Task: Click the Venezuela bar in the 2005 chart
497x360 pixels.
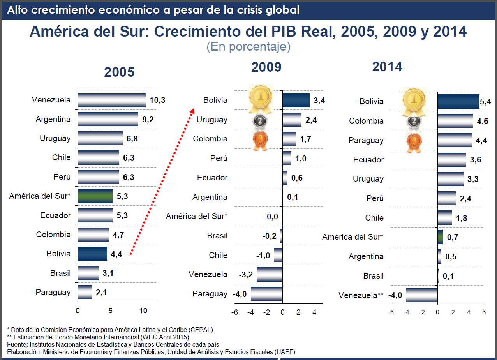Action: click(x=111, y=100)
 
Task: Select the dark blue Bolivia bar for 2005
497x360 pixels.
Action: click(x=92, y=254)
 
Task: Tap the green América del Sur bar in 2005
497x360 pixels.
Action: click(x=95, y=196)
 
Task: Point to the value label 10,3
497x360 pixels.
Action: click(x=157, y=100)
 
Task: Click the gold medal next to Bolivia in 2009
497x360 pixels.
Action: click(x=261, y=100)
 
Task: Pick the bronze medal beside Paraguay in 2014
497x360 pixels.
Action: click(x=414, y=142)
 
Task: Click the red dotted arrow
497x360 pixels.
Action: click(x=161, y=182)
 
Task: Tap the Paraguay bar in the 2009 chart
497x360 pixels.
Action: click(x=266, y=294)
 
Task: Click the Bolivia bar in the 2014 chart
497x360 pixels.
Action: click(x=458, y=101)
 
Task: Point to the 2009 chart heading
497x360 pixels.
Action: click(x=266, y=67)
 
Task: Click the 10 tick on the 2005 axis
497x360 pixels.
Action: click(x=143, y=311)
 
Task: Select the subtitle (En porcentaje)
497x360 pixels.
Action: click(x=248, y=47)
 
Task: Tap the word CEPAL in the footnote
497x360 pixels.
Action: click(x=200, y=329)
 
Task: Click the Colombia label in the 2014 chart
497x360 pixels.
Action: click(x=366, y=121)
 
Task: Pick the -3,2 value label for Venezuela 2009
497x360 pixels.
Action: click(x=246, y=275)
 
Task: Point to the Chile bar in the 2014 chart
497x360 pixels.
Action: click(x=444, y=218)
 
